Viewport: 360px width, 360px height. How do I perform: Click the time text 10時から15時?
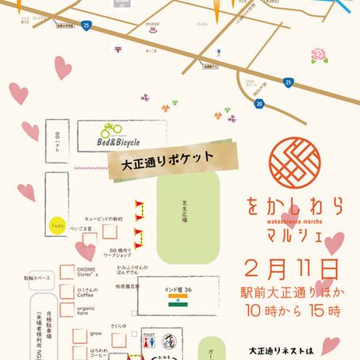point(290,308)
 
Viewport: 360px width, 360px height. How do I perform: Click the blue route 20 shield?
point(260,102)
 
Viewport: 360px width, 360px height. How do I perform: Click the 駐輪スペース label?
point(17,259)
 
